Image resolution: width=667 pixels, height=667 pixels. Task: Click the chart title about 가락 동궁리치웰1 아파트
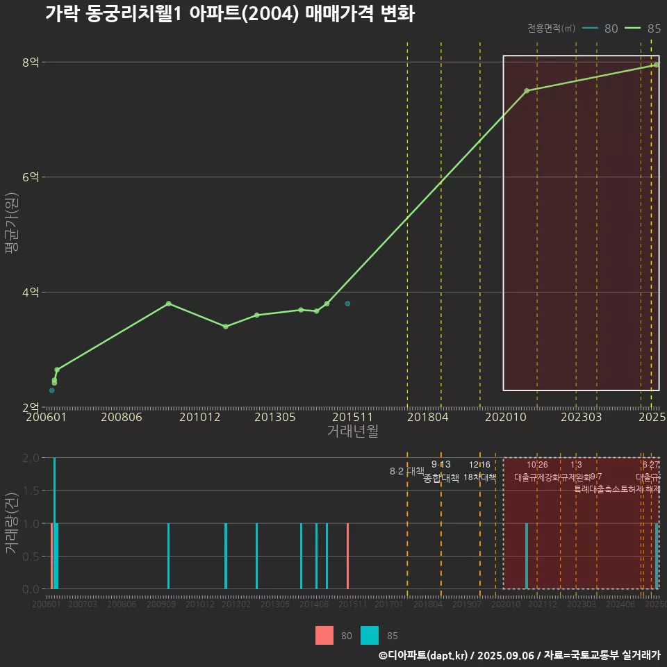click(229, 14)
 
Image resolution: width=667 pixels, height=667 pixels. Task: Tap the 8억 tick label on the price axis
click(30, 63)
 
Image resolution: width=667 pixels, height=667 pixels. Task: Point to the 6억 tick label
click(30, 177)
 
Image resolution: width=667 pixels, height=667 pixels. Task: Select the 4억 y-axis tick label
click(30, 293)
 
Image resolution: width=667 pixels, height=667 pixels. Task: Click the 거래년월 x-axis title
click(352, 431)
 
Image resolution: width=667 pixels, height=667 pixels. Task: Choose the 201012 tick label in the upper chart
click(199, 417)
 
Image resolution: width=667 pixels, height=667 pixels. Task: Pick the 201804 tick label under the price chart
click(427, 417)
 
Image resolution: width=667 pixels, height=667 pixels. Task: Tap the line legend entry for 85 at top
click(643, 28)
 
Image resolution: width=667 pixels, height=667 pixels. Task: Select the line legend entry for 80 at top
click(600, 28)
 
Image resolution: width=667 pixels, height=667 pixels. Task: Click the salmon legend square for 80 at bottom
click(324, 635)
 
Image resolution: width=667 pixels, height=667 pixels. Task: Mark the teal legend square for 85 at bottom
click(370, 635)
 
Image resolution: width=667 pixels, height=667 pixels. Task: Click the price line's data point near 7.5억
click(527, 91)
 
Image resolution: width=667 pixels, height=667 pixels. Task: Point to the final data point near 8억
click(656, 65)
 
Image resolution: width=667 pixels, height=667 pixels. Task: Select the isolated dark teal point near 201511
click(347, 304)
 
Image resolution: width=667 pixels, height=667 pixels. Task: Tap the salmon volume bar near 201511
click(347, 556)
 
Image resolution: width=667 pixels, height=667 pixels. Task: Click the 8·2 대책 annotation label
click(406, 471)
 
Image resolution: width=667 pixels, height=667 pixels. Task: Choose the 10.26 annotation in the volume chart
click(537, 464)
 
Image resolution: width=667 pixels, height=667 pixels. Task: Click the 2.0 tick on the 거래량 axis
click(30, 458)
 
